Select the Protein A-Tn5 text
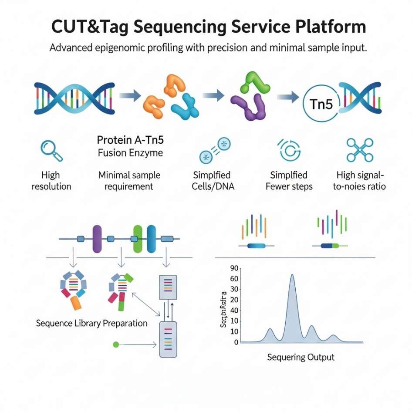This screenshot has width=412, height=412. pyautogui.click(x=130, y=140)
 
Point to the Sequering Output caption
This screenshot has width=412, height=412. pyautogui.click(x=300, y=357)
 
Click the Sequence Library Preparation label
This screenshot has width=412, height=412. pyautogui.click(x=91, y=324)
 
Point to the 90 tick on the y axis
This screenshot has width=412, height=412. pyautogui.click(x=233, y=268)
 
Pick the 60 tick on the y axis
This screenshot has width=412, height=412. pyautogui.click(x=233, y=279)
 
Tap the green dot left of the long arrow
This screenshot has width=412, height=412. pyautogui.click(x=116, y=344)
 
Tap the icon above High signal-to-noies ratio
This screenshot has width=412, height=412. pyautogui.click(x=360, y=150)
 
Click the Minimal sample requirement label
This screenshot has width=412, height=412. pyautogui.click(x=129, y=181)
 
